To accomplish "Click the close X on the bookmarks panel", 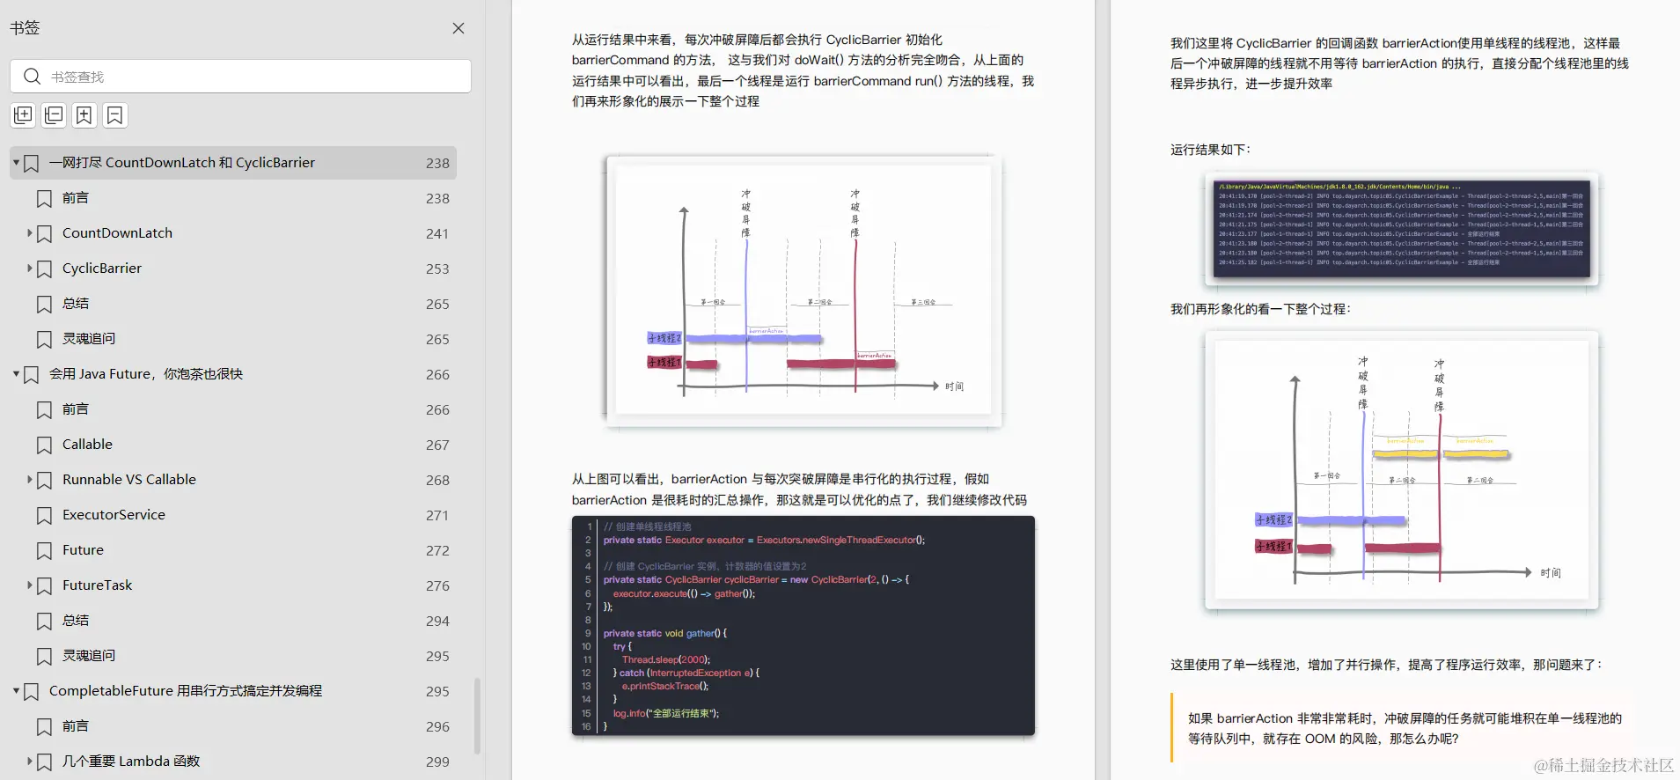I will (x=459, y=28).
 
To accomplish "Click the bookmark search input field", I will (x=255, y=77).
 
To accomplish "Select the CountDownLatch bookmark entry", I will (x=117, y=233).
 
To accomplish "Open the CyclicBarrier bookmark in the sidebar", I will (x=102, y=269).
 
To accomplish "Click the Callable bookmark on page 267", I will (x=87, y=445).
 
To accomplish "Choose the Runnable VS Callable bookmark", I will (x=129, y=480).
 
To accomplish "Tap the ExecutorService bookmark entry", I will (x=114, y=515).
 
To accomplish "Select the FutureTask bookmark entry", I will (x=97, y=585).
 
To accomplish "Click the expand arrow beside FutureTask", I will (x=29, y=585).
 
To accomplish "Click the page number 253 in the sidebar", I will (x=437, y=269).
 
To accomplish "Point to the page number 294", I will (x=437, y=622).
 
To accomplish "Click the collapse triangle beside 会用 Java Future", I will (x=16, y=374).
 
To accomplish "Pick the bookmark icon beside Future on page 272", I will (x=44, y=551).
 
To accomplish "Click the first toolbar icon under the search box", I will (x=23, y=115).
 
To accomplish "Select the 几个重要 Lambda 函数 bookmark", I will (x=131, y=762).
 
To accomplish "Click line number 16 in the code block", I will (x=586, y=726).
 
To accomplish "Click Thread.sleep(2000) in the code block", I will (x=665, y=659).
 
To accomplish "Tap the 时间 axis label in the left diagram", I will (x=954, y=386).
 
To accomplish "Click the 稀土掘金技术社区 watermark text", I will (x=1603, y=765).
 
